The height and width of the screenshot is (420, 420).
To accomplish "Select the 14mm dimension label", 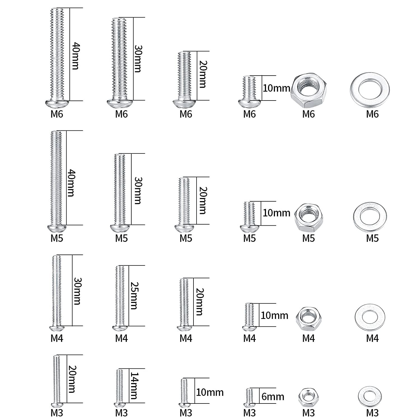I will [134, 386].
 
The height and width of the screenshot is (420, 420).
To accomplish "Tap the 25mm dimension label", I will [134, 296].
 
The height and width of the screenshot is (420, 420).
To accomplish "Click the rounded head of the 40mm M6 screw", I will [57, 104].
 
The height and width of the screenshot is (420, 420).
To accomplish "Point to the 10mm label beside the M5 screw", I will [276, 213].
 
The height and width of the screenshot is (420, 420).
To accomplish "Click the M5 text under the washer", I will [372, 239].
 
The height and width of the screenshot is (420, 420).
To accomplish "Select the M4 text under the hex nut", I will [308, 339].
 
